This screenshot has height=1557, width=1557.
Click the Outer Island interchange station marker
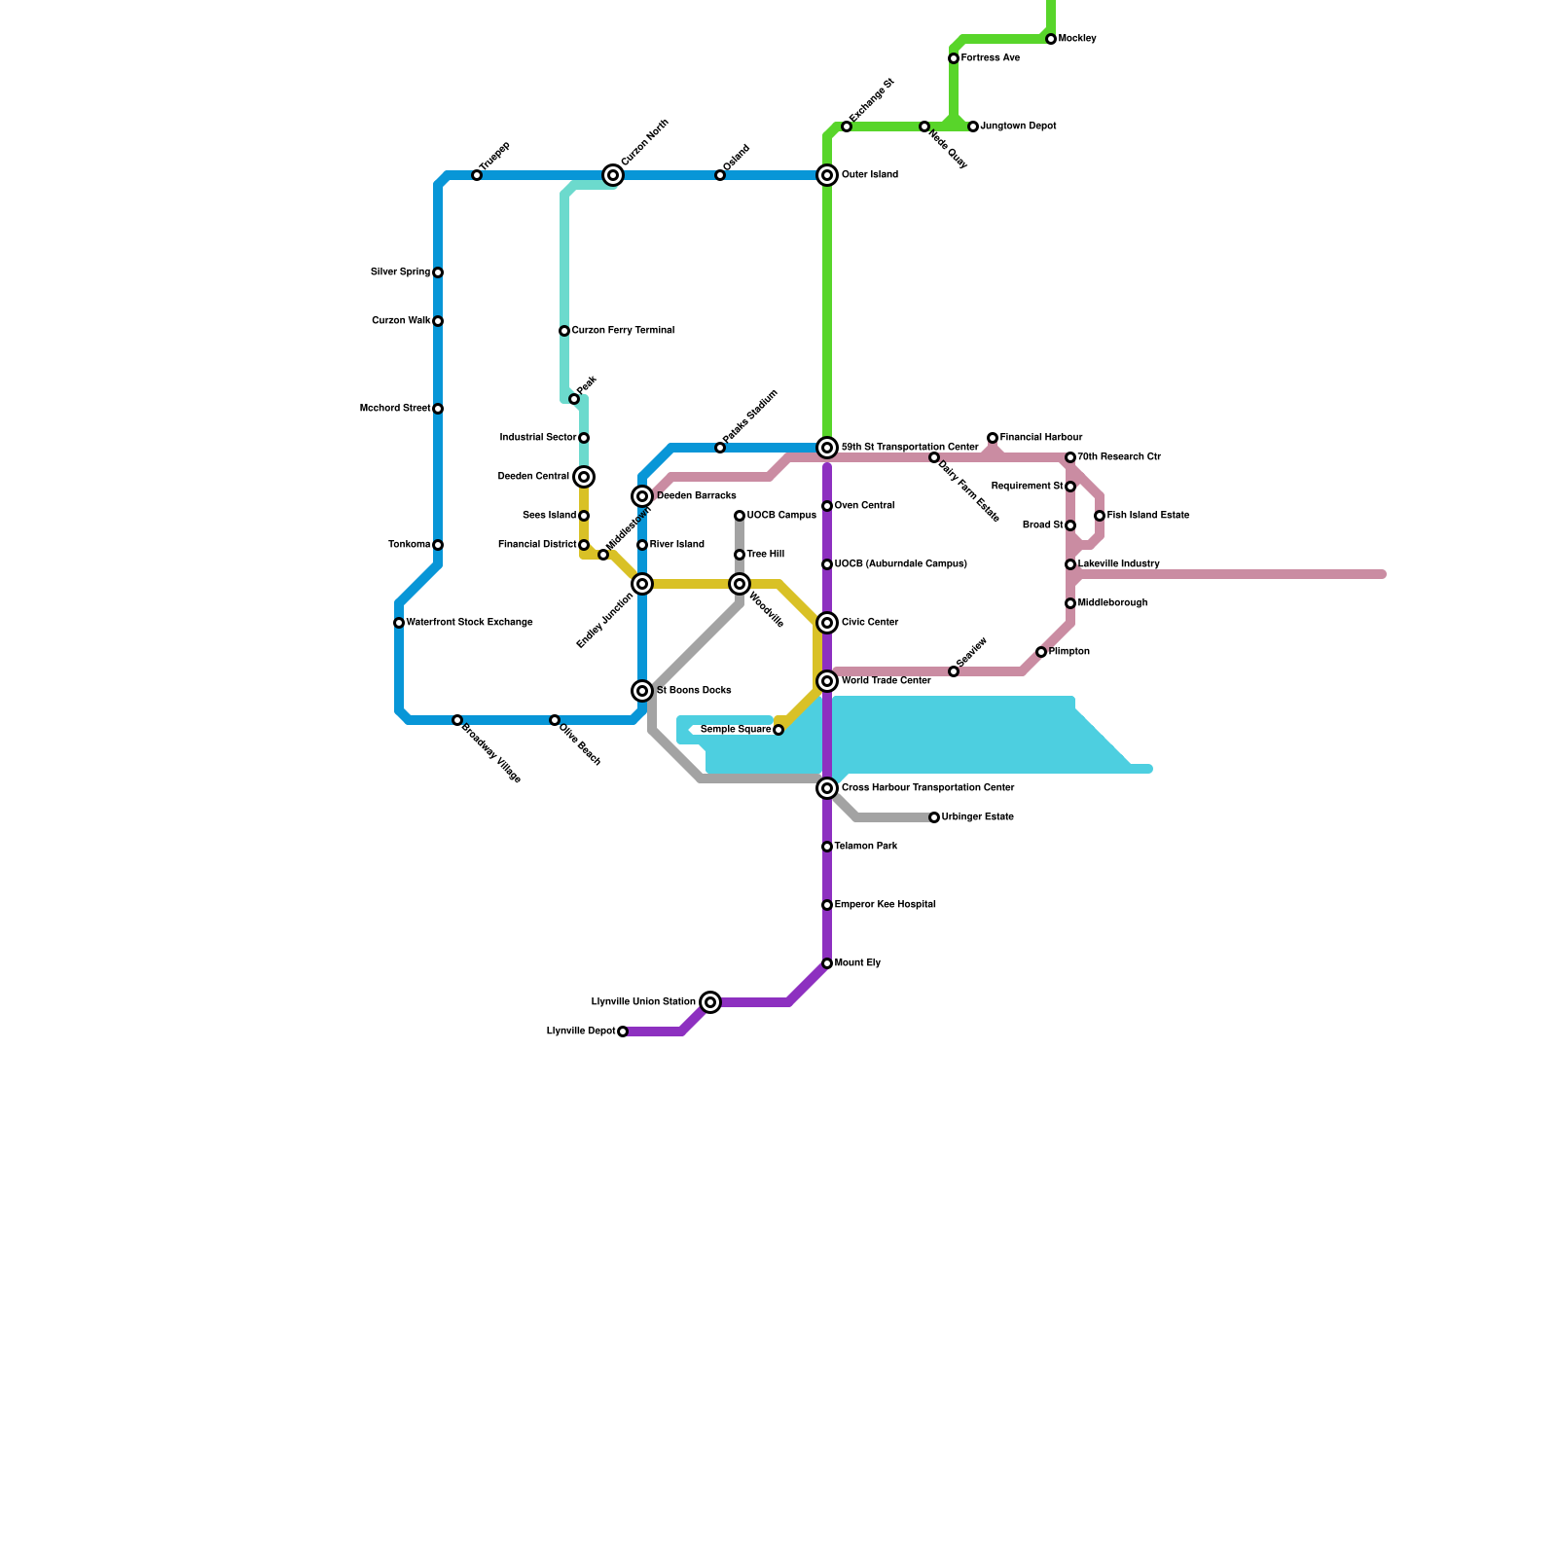827,175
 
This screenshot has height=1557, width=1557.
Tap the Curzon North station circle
613,175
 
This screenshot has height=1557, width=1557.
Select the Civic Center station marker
827,623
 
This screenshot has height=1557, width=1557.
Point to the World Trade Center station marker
827,681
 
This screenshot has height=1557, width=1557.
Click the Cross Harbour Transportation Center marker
827,788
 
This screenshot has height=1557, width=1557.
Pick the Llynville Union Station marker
711,1002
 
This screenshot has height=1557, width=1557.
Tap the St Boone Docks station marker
642,691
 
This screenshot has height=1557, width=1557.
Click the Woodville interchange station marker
740,584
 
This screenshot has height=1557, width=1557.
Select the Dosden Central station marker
584,477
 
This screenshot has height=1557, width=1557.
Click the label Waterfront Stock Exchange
469,623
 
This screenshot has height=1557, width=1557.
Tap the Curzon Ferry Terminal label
623,331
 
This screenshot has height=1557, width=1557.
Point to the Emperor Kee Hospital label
886,905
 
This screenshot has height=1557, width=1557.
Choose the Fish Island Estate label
1148,516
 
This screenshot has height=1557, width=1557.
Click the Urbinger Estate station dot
934,817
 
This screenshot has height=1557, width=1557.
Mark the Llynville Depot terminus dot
623,1032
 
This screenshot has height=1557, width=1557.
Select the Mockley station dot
1051,39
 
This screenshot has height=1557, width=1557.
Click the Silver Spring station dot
438,272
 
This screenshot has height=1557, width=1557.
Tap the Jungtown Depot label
1019,127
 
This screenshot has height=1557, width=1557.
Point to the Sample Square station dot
778,730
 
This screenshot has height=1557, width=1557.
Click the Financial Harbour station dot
993,438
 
